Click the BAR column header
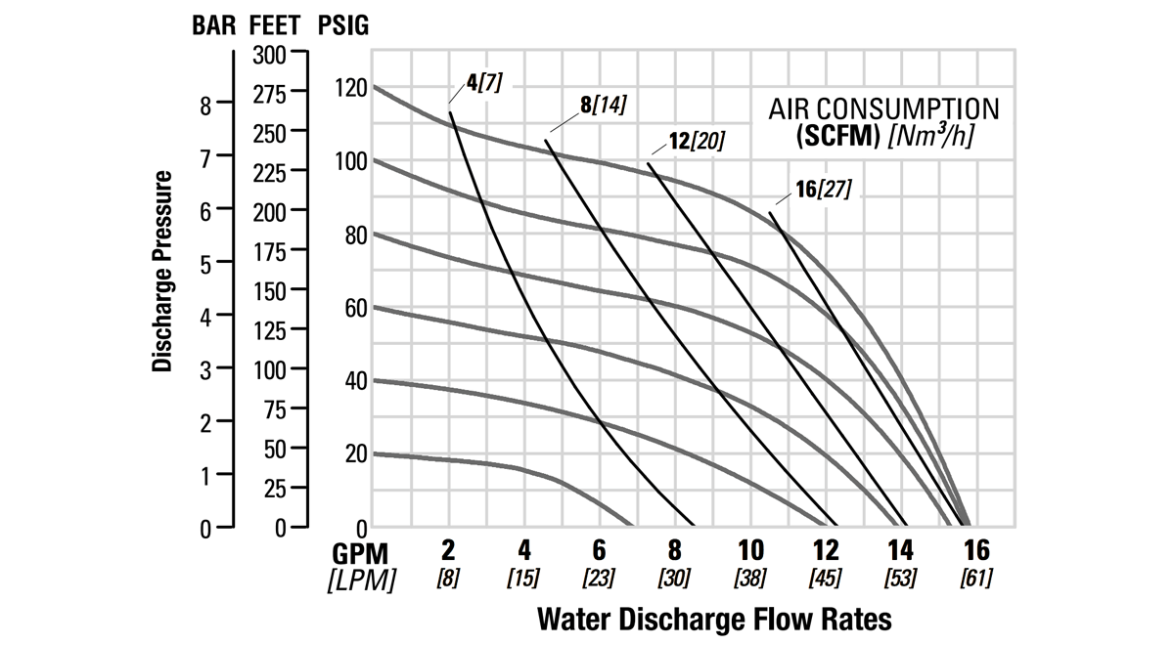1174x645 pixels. click(x=213, y=25)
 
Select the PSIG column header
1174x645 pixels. click(x=344, y=25)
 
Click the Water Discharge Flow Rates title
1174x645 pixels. click(x=714, y=619)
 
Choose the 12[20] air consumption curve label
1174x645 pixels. click(x=697, y=142)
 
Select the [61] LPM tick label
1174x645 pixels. click(x=975, y=579)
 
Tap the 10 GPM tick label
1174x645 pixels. click(x=750, y=549)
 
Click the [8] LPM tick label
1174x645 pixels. click(x=449, y=579)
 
